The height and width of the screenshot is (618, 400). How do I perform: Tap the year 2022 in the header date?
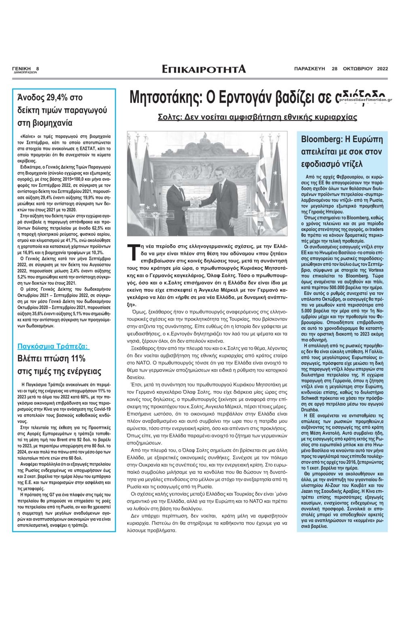coord(382,68)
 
